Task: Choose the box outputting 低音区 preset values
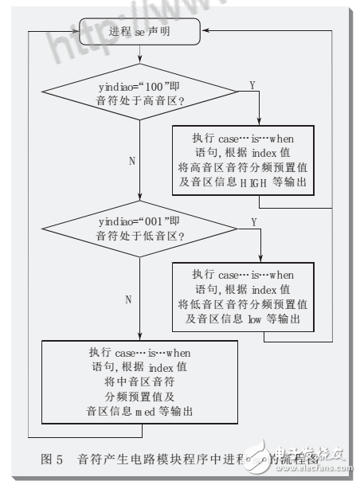point(245,294)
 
